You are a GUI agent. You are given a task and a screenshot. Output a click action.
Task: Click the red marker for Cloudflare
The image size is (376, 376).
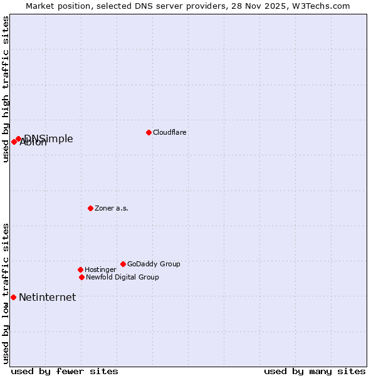(149, 132)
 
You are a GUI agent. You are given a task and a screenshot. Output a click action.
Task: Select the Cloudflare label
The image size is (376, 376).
(170, 133)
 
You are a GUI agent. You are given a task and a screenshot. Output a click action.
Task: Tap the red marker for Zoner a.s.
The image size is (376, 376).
(90, 208)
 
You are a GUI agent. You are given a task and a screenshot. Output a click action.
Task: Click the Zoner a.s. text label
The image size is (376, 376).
(112, 209)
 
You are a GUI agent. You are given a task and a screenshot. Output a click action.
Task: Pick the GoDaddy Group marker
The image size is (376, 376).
(123, 264)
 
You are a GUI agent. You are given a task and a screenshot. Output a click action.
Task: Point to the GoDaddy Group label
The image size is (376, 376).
(154, 264)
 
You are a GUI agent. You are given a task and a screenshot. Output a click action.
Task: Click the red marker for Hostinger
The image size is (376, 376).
(80, 269)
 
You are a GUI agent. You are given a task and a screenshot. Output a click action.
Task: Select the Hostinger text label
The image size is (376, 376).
(100, 270)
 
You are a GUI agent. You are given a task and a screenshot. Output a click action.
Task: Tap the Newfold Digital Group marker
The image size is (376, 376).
(81, 277)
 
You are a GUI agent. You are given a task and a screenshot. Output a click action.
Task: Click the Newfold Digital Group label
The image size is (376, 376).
(122, 278)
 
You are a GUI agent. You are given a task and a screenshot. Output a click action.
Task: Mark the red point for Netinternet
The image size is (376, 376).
(13, 297)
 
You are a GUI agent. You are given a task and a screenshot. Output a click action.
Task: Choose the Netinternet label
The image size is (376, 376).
(47, 298)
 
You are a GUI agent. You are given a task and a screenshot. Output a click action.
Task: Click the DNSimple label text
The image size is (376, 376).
(49, 138)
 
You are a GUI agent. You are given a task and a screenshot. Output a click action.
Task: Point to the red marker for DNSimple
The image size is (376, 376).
(18, 138)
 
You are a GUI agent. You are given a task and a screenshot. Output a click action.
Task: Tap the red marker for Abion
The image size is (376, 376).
(14, 142)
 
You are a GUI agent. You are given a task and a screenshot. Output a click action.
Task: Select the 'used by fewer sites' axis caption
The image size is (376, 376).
(65, 371)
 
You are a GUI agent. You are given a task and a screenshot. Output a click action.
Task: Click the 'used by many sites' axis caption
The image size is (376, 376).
(315, 371)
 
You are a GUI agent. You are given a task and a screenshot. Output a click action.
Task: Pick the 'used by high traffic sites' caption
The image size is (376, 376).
(6, 89)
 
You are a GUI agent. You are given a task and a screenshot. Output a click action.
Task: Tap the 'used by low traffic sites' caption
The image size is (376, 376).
(6, 293)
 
